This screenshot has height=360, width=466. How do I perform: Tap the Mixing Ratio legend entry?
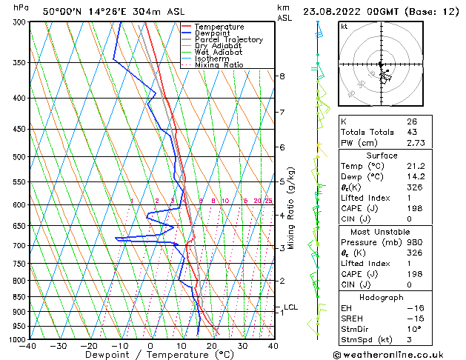point(219,65)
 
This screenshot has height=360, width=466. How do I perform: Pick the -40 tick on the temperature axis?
point(29,346)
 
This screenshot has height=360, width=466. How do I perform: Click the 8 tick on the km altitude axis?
point(282,76)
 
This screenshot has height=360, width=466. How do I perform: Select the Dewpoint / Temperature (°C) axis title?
point(151,355)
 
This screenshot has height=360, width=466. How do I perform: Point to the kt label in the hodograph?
point(344,26)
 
